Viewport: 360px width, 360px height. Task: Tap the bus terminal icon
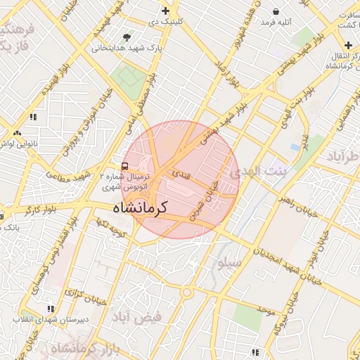point(124,166)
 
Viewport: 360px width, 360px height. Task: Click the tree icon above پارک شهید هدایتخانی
point(127,37)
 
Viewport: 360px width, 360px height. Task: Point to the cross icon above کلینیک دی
point(165,11)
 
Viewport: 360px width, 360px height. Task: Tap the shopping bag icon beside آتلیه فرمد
point(276,11)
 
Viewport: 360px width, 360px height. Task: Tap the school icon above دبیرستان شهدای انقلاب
point(50,308)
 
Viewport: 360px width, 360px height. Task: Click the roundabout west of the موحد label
point(186,292)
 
